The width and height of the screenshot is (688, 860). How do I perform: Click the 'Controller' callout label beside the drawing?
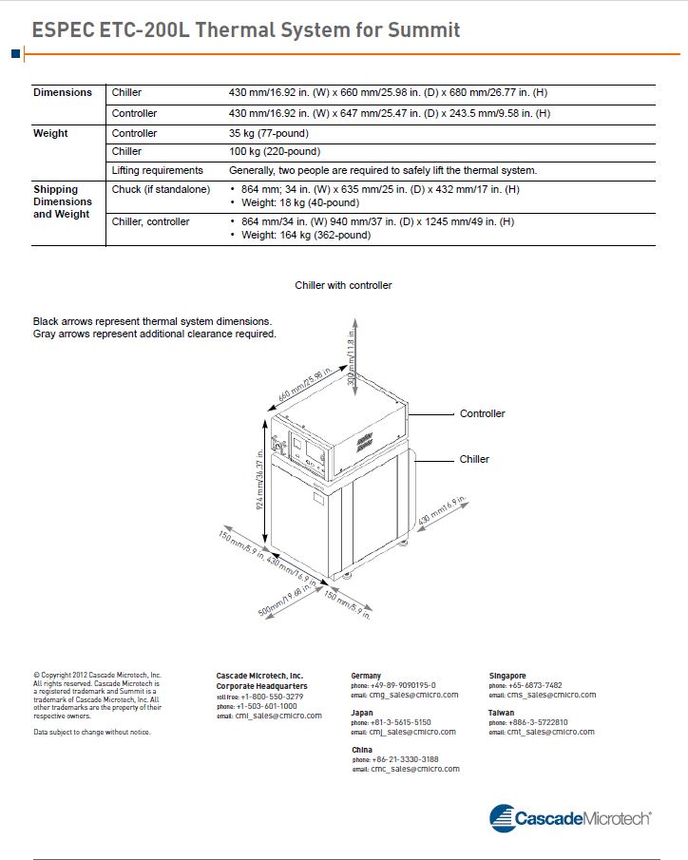(483, 414)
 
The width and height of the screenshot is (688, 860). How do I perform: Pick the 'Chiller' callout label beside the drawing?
(474, 459)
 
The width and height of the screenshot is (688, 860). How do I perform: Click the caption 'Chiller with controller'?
(343, 285)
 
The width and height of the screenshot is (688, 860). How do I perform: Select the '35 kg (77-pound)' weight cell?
(269, 134)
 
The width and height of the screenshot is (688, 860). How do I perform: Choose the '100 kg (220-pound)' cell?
(275, 152)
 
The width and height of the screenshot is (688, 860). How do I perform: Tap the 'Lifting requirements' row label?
(157, 171)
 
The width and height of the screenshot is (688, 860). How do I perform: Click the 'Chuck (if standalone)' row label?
(161, 190)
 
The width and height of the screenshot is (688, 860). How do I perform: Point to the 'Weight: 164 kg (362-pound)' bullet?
(305, 236)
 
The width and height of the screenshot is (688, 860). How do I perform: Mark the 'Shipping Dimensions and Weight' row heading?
(63, 201)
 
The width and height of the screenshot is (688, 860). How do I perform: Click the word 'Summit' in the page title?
(424, 30)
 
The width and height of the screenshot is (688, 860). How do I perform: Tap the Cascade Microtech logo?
(569, 817)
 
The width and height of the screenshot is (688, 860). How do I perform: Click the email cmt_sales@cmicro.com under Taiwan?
(550, 732)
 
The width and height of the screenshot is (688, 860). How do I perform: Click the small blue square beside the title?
(16, 54)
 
